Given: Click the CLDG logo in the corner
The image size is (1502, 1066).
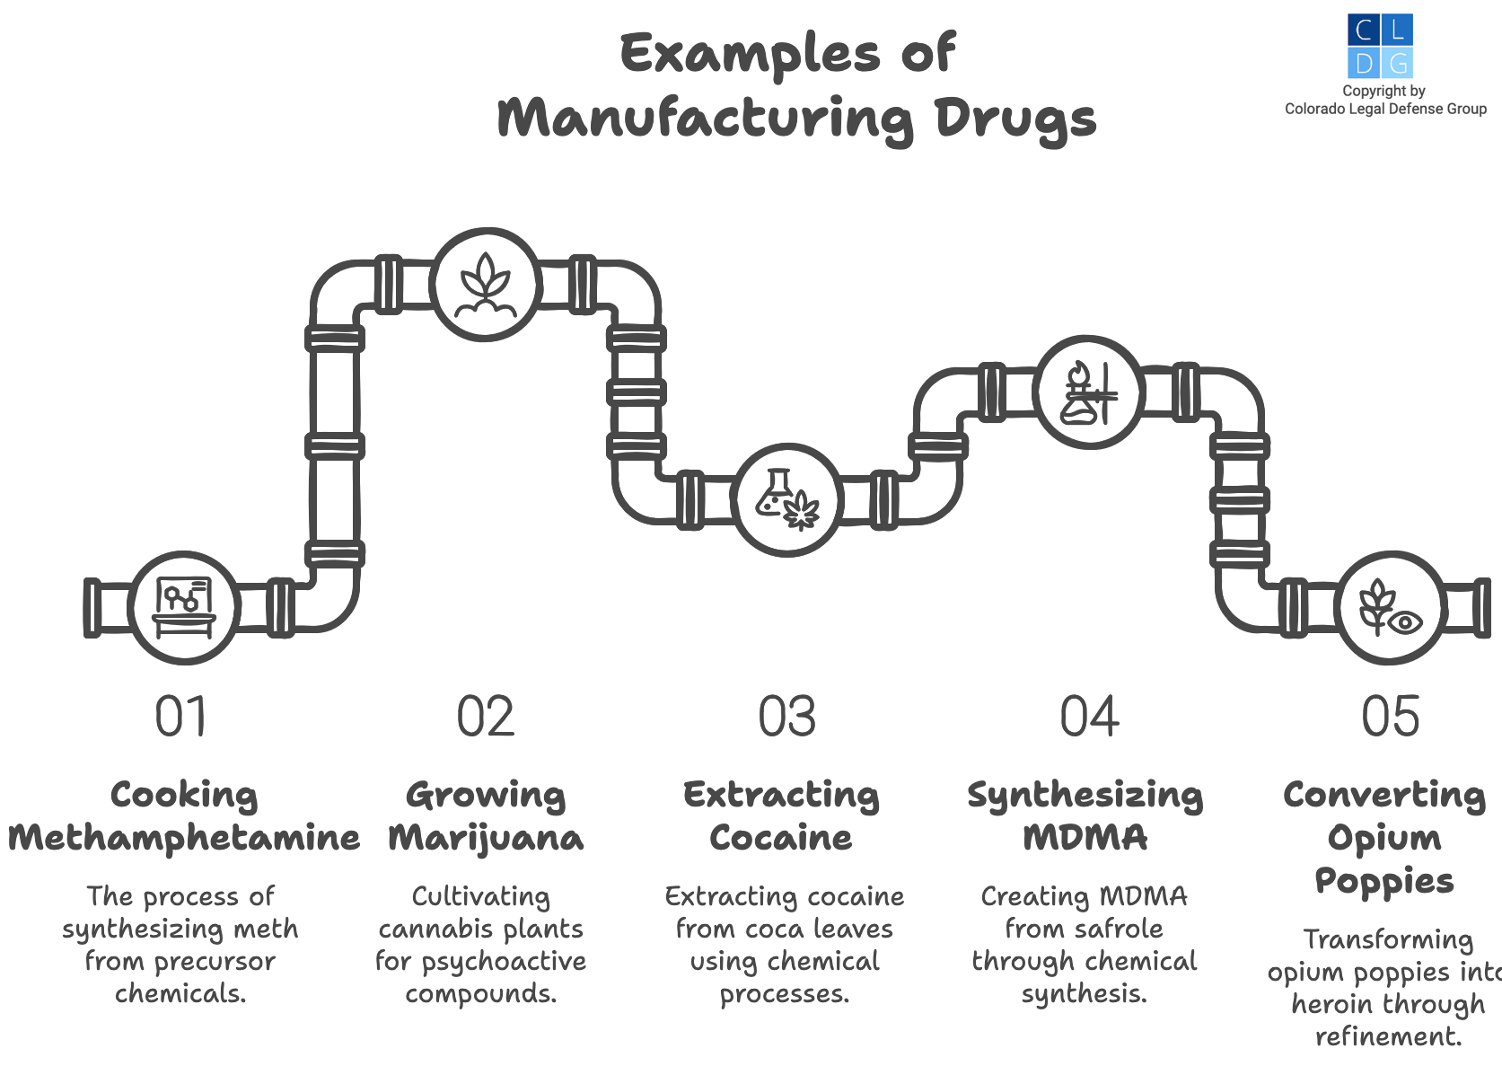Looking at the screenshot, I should tap(1380, 46).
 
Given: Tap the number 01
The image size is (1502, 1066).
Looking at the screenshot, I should tap(181, 717).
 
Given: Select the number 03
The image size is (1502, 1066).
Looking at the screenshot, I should tap(787, 717).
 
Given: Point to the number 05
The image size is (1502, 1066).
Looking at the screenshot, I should tap(1391, 717).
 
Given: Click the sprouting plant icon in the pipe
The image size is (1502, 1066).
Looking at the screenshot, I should tap(486, 285).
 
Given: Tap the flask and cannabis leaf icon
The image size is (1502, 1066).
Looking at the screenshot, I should tap(787, 500).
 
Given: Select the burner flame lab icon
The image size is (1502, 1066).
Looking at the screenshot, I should tap(1088, 392).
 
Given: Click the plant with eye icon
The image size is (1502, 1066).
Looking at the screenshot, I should tap(1390, 608).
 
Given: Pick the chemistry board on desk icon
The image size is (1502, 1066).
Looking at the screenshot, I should tap(184, 608).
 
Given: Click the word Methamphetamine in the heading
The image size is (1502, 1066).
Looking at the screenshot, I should tap(184, 838).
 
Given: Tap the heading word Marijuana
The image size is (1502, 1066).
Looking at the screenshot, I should tap(486, 838).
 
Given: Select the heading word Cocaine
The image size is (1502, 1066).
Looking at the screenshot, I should tap(780, 838).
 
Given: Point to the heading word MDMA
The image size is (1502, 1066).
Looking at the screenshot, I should tap(1085, 838).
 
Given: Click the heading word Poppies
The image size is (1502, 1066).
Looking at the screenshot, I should tap(1383, 881).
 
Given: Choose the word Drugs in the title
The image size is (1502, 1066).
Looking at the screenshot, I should tap(1015, 119).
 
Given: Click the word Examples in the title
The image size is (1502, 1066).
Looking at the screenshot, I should tap(750, 53).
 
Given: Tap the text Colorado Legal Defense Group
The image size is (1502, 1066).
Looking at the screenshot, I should tap(1385, 109).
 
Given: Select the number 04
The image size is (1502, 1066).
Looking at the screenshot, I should tap(1089, 717).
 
